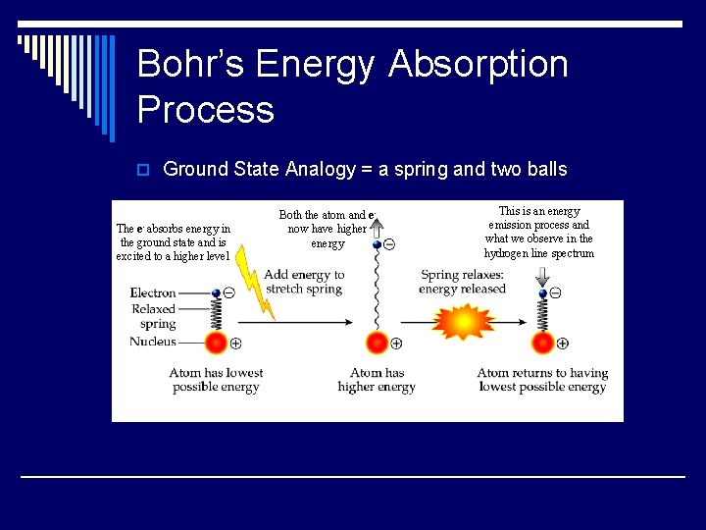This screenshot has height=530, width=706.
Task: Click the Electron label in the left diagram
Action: click(153, 292)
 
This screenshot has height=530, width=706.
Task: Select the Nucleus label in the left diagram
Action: click(153, 342)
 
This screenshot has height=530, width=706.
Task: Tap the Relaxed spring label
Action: click(155, 316)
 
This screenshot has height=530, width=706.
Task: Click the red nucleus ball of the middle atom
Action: click(377, 343)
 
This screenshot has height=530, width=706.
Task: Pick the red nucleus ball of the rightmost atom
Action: click(542, 343)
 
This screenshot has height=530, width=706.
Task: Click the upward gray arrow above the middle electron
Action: click(376, 228)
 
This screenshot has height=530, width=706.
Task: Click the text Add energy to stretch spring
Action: click(304, 282)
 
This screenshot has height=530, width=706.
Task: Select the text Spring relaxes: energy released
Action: click(462, 282)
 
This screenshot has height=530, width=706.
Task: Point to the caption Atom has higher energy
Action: click(377, 380)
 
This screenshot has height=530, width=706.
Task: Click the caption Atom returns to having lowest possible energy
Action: click(542, 380)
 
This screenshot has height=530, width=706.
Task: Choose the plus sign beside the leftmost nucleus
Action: click(235, 344)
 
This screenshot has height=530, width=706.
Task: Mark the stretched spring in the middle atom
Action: click(377, 290)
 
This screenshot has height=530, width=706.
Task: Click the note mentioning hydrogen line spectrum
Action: click(538, 233)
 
